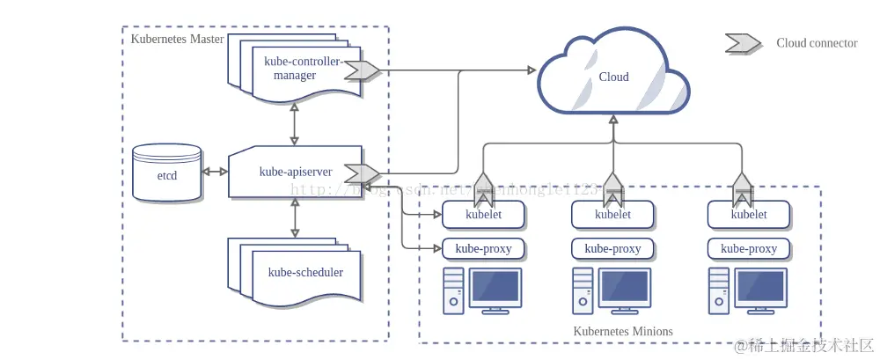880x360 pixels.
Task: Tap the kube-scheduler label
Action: point(305,272)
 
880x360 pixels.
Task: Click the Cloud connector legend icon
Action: point(743,43)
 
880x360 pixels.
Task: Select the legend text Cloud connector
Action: point(817,43)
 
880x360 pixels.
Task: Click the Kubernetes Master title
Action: point(177,39)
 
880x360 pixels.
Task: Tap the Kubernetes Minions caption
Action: point(623,332)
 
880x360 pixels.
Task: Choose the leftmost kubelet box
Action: point(483,214)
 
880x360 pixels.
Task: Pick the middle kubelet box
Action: point(612,214)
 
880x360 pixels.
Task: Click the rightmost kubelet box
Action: point(749,214)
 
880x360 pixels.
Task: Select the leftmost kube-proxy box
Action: point(483,249)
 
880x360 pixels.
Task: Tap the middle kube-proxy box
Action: point(612,249)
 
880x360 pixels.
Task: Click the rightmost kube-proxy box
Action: point(749,249)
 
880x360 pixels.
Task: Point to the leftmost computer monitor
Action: point(496,288)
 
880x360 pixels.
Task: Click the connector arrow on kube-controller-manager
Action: point(360,70)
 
